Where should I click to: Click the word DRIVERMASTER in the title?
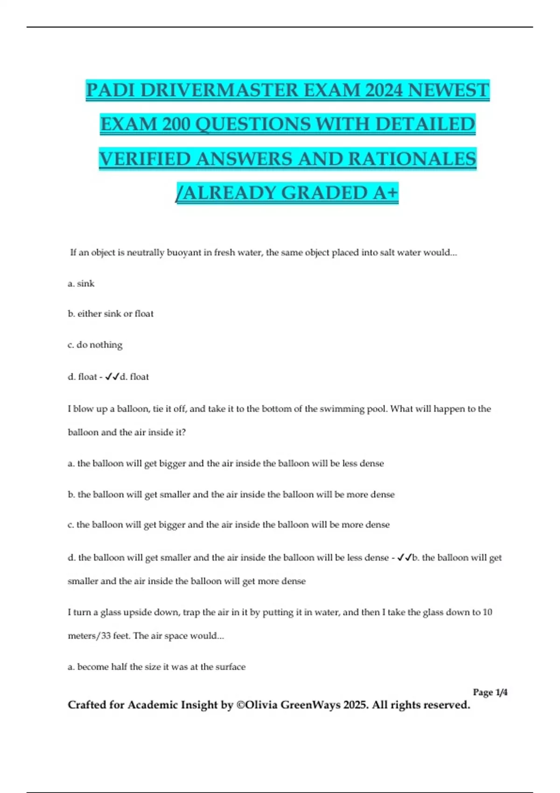219,90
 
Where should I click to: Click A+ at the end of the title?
386,193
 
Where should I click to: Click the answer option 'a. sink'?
81,284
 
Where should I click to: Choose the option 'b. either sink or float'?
111,314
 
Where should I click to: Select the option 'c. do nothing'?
95,345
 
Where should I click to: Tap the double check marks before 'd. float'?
112,377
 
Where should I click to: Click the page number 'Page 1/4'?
490,692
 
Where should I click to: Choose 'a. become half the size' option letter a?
70,667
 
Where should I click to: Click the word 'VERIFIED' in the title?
145,159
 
